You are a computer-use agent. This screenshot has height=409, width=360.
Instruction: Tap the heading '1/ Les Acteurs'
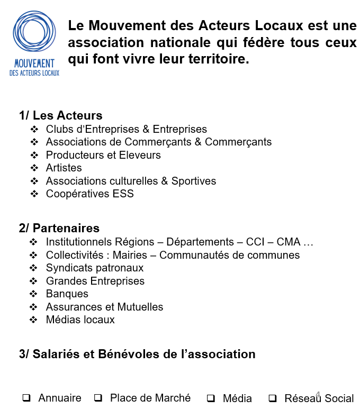pyautogui.click(x=60, y=115)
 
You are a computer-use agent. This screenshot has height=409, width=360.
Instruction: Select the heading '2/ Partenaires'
pyautogui.click(x=59, y=228)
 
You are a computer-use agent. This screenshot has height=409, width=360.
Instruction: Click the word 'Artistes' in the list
pyautogui.click(x=64, y=168)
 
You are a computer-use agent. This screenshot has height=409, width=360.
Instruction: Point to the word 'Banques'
pyautogui.click(x=67, y=294)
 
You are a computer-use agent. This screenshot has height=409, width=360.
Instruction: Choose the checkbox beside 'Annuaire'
pyautogui.click(x=26, y=398)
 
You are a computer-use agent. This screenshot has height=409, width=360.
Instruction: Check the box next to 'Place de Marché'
pyautogui.click(x=97, y=398)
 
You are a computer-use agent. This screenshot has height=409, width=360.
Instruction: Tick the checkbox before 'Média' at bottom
pyautogui.click(x=211, y=398)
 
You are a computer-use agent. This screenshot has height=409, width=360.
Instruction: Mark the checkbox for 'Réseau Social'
pyautogui.click(x=273, y=398)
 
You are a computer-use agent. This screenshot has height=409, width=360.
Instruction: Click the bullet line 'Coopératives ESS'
pyautogui.click(x=89, y=194)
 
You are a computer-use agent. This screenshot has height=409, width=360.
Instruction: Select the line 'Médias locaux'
pyautogui.click(x=80, y=320)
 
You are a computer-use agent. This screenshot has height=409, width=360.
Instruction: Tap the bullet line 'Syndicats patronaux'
pyautogui.click(x=94, y=268)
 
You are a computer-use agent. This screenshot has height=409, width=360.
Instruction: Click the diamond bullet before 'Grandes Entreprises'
pyautogui.click(x=34, y=281)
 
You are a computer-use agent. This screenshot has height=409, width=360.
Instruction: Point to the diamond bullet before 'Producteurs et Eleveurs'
pyautogui.click(x=34, y=156)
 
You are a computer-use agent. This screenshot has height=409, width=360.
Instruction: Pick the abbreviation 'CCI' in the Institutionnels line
pyautogui.click(x=256, y=242)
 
